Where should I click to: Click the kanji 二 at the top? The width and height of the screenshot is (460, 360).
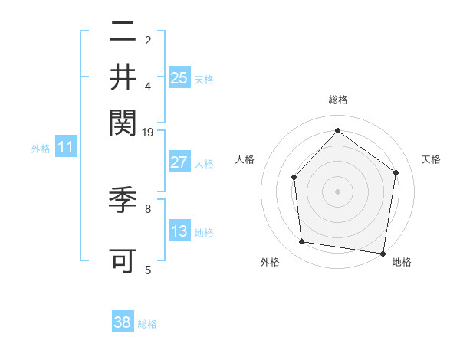point(123,33)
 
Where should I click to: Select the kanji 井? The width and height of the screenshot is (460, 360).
point(123,77)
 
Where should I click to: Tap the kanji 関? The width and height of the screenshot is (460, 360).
point(123,120)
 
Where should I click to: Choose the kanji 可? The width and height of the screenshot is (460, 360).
point(123,260)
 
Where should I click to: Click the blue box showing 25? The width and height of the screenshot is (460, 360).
point(179,78)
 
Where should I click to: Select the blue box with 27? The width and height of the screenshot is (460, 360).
point(179,162)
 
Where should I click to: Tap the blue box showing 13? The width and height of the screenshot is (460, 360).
point(179,232)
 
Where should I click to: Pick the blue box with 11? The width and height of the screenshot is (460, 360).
point(65,148)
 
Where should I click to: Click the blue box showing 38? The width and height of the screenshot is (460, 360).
point(123,322)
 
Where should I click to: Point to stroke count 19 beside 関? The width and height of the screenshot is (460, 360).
point(148,133)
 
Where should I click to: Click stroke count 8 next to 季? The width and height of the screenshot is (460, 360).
point(148,208)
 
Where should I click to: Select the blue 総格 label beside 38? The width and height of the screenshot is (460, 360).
point(147,324)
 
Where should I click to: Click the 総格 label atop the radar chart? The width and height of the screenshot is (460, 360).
point(338,100)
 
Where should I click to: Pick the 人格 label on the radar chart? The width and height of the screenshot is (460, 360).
point(245,160)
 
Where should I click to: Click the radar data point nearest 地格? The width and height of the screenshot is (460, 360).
point(383,253)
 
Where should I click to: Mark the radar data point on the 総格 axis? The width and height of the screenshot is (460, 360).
point(337,130)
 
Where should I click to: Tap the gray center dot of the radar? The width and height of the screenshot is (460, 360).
point(337,191)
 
